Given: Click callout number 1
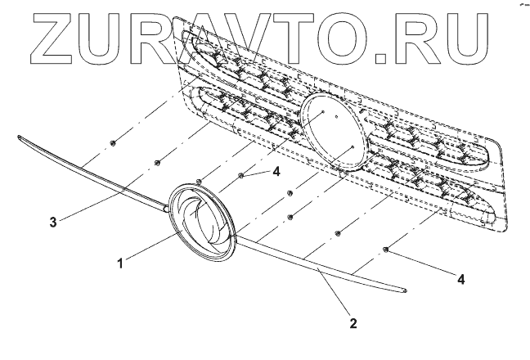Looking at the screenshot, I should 119,263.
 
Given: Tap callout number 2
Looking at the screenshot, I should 353,323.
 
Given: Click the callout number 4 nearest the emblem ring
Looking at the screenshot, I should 277,172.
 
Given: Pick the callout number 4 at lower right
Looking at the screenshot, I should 461,279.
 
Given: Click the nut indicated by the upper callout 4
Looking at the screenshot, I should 241,174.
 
